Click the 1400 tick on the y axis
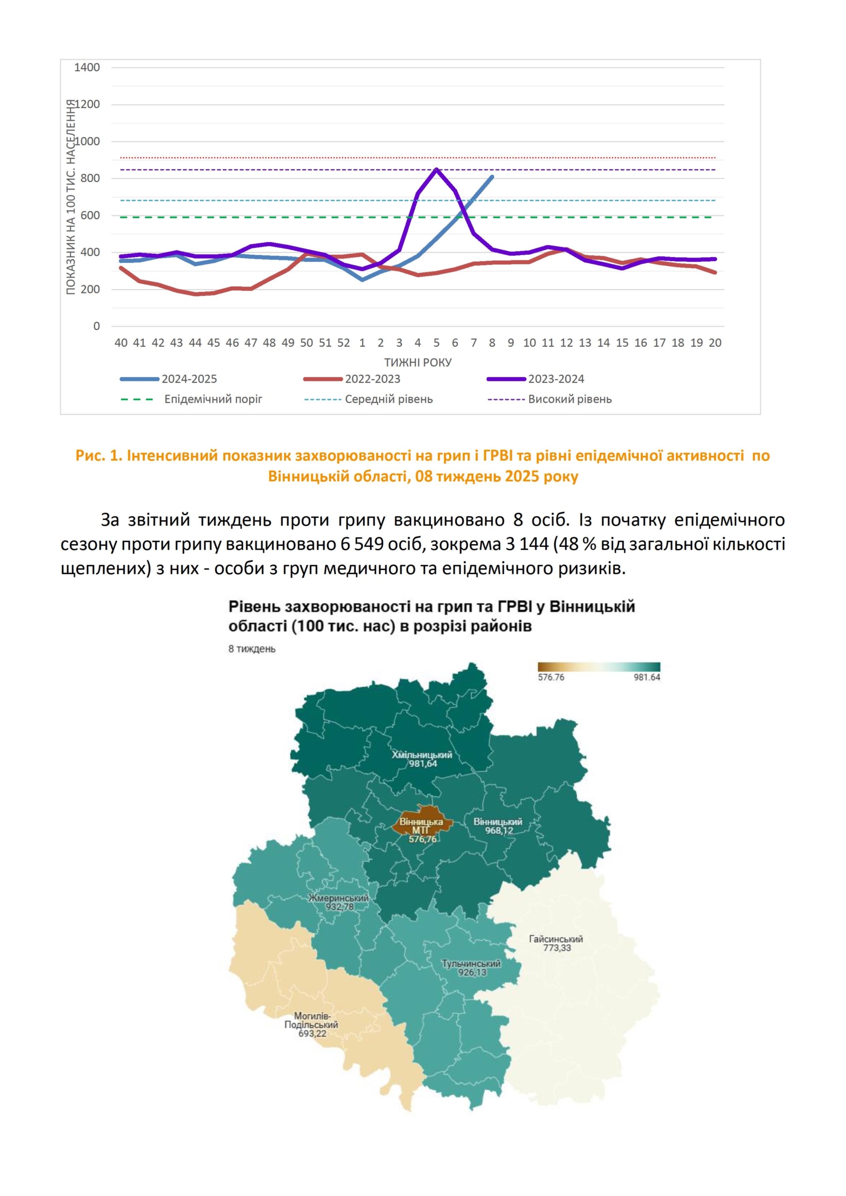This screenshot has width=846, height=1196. (x=87, y=67)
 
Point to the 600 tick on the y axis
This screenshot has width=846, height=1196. (x=90, y=215)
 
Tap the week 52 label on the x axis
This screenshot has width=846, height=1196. (x=344, y=343)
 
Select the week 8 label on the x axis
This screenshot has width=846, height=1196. (x=492, y=343)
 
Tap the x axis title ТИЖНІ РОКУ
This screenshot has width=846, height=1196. (x=418, y=362)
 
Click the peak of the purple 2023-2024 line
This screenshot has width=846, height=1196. (x=436, y=169)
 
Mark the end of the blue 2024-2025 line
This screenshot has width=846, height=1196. (x=492, y=177)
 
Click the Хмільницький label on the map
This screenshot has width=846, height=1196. (x=421, y=755)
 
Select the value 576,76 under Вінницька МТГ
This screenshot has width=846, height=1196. (x=422, y=839)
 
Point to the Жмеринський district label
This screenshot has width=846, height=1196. (x=338, y=898)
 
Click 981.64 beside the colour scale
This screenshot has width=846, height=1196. (x=647, y=677)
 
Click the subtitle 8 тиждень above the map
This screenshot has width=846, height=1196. (x=252, y=649)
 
